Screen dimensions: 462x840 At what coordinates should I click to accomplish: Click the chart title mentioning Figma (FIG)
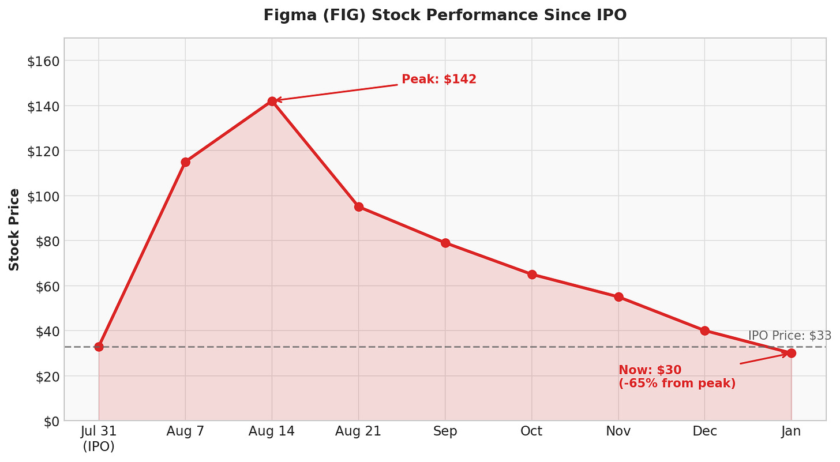[x=445, y=16]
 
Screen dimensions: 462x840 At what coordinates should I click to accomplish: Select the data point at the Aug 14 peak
[x=272, y=101]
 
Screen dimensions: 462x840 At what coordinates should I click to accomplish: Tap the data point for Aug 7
[x=185, y=162]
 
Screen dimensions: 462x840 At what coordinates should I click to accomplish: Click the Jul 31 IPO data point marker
[x=99, y=347]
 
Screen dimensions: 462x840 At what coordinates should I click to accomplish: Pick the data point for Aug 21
[x=358, y=206]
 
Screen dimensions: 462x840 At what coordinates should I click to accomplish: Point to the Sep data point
[x=445, y=243]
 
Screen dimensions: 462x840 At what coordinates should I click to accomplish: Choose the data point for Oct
[x=531, y=275]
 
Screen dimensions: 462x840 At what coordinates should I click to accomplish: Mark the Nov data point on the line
[x=618, y=297]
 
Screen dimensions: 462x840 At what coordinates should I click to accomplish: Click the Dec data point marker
[x=704, y=330]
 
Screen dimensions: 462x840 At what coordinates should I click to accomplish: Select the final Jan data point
[x=791, y=353]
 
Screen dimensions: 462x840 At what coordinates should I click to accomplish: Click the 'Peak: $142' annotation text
[x=439, y=80]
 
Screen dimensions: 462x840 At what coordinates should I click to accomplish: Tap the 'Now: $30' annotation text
[x=650, y=370]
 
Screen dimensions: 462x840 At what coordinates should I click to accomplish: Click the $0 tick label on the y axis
[x=48, y=421]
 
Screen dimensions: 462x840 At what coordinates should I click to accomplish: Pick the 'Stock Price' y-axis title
[x=14, y=230]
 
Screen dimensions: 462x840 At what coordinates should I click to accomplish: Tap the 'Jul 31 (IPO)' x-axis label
[x=99, y=438]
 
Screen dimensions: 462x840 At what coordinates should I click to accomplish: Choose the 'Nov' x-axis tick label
[x=618, y=431]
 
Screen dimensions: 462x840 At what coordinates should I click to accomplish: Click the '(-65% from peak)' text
[x=677, y=384]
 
